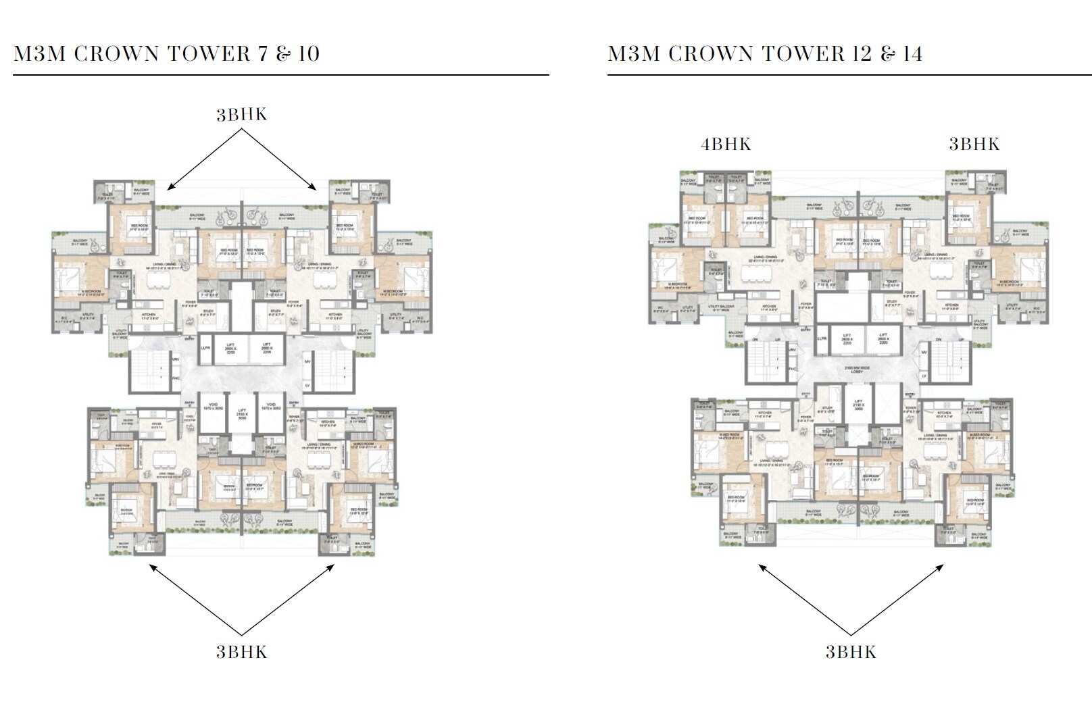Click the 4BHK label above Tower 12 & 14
[x=726, y=144]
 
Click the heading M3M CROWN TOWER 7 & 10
[x=166, y=54]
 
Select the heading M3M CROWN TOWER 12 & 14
[x=765, y=54]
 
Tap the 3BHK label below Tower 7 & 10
[x=242, y=652]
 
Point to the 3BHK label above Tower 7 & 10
[x=242, y=115]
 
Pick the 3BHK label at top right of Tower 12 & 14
[x=974, y=144]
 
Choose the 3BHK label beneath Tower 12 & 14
[x=851, y=652]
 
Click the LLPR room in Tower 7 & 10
[x=207, y=349]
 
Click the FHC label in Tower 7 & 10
[x=176, y=379]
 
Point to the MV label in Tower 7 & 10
[x=308, y=362]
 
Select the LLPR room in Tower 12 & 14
[x=822, y=339]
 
